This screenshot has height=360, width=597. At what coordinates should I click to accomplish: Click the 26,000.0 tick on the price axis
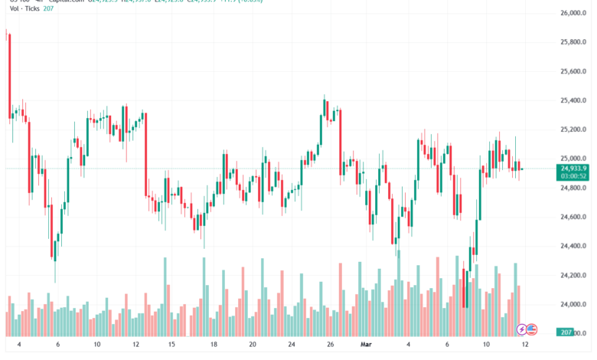[573, 14]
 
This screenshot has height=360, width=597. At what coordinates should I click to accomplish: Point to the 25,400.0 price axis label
[573, 100]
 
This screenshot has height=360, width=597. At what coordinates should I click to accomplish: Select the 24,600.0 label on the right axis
[573, 217]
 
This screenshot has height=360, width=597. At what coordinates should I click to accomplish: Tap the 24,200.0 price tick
[573, 275]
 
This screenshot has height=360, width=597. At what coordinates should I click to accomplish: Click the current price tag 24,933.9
[573, 168]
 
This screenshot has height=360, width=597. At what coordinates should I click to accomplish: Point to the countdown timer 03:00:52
[573, 175]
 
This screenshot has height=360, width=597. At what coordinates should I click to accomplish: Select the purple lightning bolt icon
[522, 329]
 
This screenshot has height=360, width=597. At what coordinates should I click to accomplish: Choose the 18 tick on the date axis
[214, 345]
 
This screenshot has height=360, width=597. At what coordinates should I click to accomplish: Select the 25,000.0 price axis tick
[573, 159]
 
